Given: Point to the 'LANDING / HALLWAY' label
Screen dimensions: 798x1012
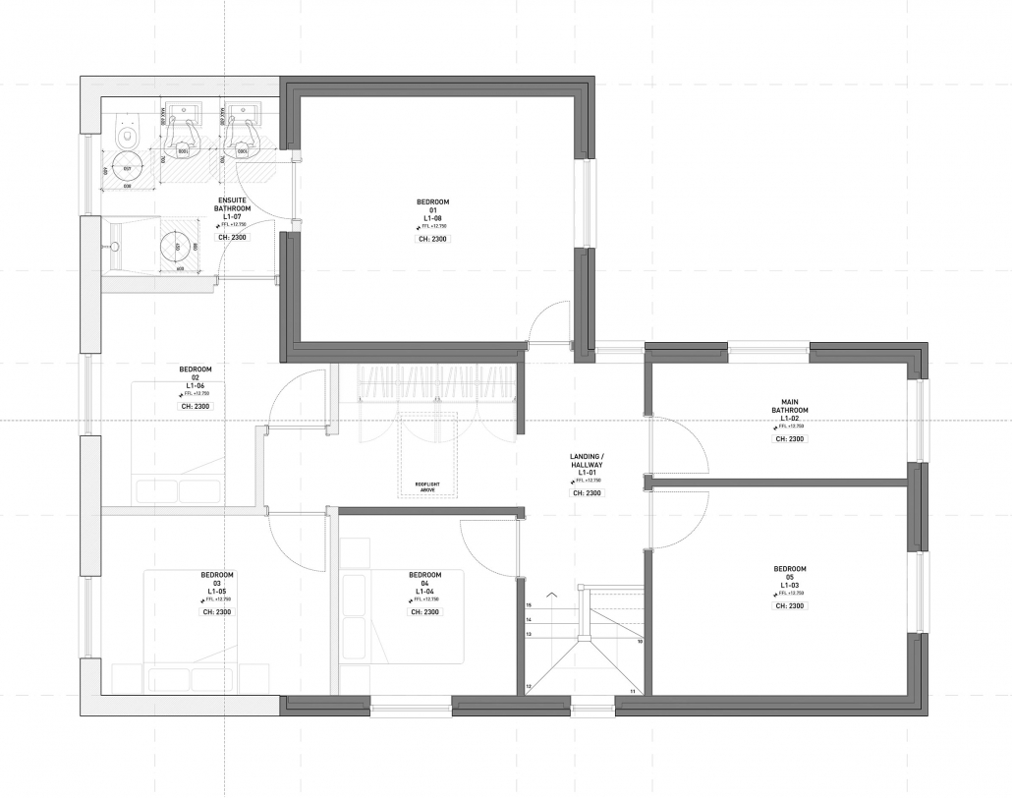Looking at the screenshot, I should pos(586,461).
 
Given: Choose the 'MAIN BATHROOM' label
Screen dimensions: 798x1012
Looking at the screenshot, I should pos(790,406).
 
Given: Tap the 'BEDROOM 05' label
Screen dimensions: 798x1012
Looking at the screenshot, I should pos(790,573).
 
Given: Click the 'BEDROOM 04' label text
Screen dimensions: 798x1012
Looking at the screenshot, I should pos(424,580).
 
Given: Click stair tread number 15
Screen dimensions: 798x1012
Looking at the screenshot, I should pos(529,606).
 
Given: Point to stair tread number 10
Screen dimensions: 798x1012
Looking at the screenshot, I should pos(640,642).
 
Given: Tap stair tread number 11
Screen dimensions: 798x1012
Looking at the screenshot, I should pos(632,692).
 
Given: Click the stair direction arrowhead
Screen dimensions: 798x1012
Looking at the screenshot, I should pos(552,595).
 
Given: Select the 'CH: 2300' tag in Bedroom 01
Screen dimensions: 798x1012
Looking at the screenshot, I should pos(432,239).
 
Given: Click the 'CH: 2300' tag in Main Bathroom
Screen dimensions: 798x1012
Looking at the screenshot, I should pos(790,439).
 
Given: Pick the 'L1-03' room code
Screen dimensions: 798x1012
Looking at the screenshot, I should pos(790,585).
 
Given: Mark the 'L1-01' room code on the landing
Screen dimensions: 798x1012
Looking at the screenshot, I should pos(587,473).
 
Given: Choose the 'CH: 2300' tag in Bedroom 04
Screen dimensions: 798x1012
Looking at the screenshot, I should pos(424,611).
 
